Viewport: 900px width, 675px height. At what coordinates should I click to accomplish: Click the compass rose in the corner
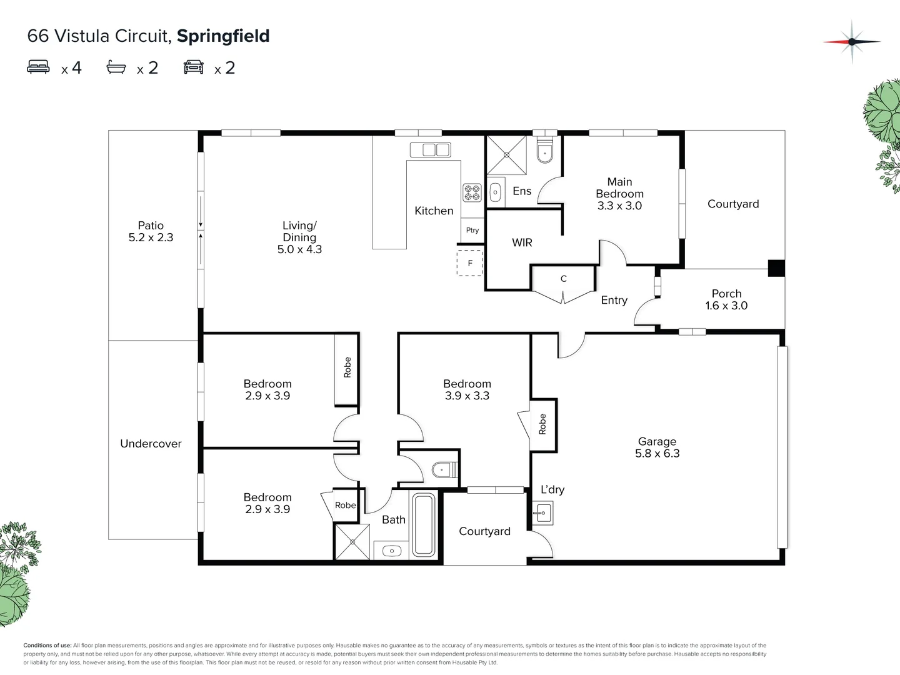(852, 42)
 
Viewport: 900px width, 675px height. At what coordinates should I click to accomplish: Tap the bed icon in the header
(38, 67)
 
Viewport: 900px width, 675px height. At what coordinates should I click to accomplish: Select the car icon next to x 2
(194, 67)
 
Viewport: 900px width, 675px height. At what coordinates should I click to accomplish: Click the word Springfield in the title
(223, 36)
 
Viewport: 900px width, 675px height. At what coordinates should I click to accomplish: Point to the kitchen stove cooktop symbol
(472, 192)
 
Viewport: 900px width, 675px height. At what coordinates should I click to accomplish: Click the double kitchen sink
(430, 150)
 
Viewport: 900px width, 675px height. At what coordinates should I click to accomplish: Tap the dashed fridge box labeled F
(470, 263)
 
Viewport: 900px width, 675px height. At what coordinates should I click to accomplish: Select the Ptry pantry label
(472, 230)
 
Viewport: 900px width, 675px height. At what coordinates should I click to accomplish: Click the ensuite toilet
(545, 152)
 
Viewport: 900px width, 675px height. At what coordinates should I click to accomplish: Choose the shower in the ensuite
(506, 155)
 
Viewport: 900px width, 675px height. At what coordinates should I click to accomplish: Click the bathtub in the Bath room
(424, 525)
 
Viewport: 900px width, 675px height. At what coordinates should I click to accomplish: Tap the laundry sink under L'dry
(542, 513)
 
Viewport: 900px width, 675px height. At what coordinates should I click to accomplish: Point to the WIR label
(522, 242)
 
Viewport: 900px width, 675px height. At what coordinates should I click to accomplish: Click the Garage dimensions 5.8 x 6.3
(657, 454)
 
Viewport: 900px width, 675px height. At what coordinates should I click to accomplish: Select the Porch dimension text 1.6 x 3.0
(726, 306)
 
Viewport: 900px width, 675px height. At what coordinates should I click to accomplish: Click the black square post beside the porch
(776, 268)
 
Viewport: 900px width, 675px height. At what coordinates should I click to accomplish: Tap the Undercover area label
(151, 444)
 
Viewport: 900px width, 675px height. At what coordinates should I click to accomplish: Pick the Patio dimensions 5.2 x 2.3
(151, 237)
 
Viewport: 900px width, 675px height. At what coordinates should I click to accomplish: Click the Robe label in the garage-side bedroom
(542, 424)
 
